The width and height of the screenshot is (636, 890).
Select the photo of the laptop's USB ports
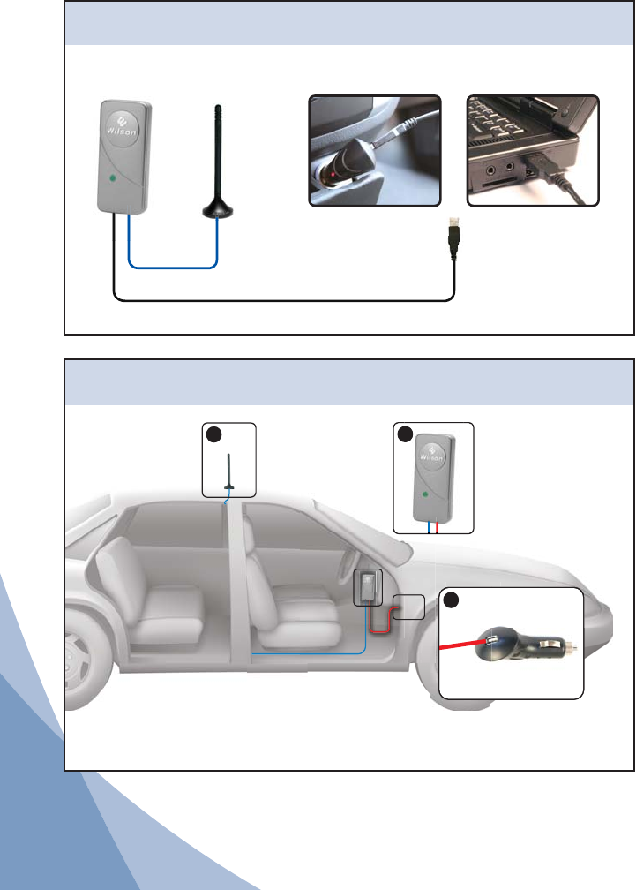tap(533, 151)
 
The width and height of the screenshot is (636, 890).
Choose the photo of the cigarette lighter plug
tap(374, 151)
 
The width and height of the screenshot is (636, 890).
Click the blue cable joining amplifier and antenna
tap(173, 266)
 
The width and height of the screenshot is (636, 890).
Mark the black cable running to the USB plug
tap(282, 300)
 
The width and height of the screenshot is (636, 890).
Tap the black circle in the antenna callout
tap(213, 434)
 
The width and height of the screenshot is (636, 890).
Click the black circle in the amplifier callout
tap(404, 434)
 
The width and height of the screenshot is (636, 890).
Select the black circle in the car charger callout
tap(452, 600)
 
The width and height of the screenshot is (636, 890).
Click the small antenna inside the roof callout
tap(228, 477)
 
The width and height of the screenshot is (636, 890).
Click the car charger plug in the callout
tap(520, 649)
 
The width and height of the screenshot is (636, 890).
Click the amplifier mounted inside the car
tap(368, 587)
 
